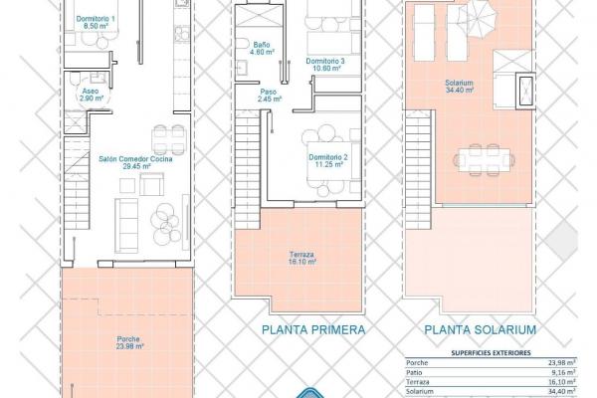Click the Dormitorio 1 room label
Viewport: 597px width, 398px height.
coord(96,23)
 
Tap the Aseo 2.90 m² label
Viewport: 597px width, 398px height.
coord(91,95)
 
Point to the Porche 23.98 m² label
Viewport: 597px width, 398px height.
coord(128,342)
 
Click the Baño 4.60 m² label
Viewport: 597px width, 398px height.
coord(261,49)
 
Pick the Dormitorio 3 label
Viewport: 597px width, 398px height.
coord(325,65)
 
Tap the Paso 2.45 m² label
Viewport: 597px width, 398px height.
coord(269,96)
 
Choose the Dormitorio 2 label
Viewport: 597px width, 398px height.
coord(328,161)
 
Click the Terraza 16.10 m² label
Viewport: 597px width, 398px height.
coord(301,259)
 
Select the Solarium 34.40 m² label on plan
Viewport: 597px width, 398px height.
coord(460,87)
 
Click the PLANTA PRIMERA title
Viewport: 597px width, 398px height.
coord(313,329)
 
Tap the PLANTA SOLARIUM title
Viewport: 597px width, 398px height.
coord(481,329)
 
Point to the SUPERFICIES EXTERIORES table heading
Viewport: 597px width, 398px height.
coord(491,353)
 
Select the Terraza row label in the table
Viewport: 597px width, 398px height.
coord(418,382)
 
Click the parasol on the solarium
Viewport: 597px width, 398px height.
coord(478,17)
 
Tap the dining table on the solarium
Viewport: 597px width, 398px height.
coord(484,160)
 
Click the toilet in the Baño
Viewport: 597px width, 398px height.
coord(241,46)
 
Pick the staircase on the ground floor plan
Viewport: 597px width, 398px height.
coord(77,183)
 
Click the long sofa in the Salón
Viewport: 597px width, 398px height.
coord(126,226)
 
